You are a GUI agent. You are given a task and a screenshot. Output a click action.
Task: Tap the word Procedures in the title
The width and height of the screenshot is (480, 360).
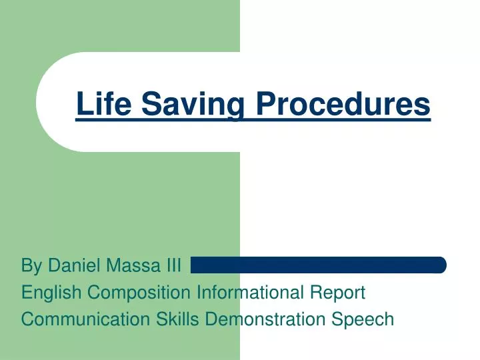point(344,104)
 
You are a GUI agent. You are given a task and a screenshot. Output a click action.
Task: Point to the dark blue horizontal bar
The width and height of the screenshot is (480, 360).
point(318,265)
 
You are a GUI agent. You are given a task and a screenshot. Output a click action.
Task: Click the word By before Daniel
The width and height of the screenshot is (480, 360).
point(31,267)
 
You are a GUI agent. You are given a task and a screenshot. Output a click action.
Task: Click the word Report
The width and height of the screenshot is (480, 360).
point(344,293)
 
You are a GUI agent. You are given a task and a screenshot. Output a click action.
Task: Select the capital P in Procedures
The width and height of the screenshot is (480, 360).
point(265,104)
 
